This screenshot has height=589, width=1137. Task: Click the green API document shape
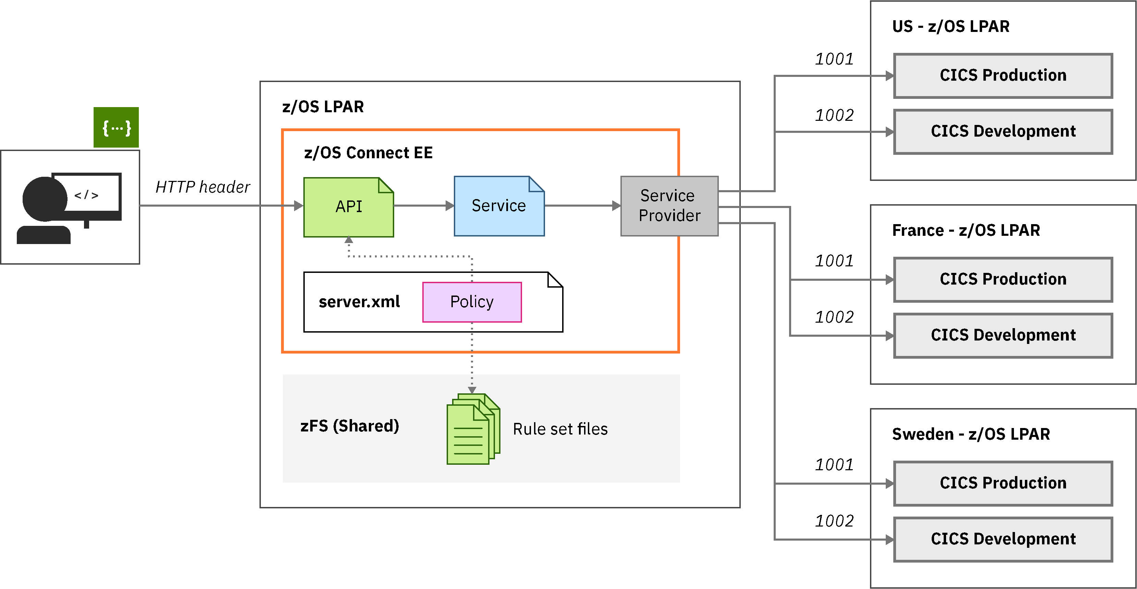coord(348,207)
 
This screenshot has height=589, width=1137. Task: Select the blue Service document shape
coord(499,206)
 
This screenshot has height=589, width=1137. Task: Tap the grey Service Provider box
coord(669,206)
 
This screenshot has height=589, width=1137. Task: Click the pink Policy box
coord(472,302)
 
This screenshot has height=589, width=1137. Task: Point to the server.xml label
coord(359,302)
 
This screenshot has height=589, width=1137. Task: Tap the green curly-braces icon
coord(116,127)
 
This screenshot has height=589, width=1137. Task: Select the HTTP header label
coord(203,187)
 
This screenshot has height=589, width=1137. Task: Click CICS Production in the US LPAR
coord(1003,76)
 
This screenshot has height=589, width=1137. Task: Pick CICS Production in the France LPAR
coord(1003,279)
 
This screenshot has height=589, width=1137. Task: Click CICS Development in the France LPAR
coord(1003,335)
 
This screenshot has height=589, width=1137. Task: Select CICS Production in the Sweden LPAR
coord(1003,483)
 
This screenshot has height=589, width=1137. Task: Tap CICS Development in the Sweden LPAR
coord(1003,539)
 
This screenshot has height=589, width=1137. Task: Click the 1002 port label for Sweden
coord(834,521)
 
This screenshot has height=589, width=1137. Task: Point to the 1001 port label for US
coord(834,59)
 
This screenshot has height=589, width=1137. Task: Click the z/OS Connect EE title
coord(368,153)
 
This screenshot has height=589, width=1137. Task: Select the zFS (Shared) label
coord(350,426)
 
